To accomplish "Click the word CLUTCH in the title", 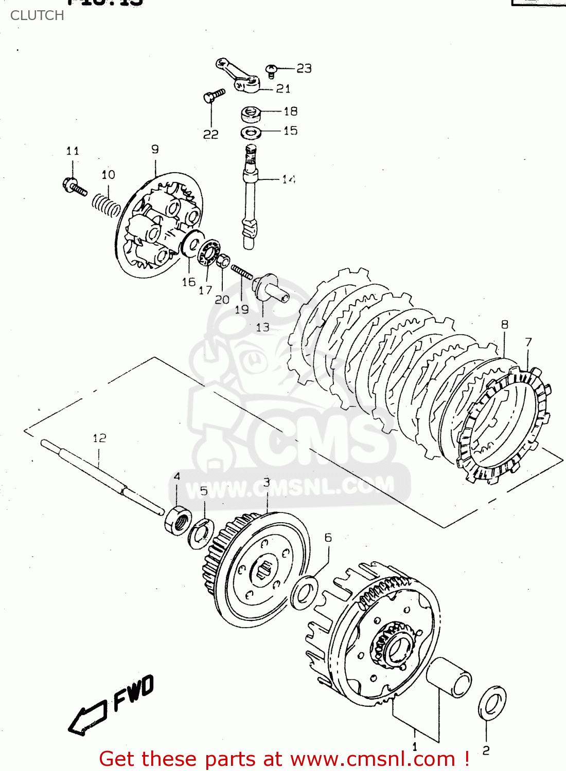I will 37,15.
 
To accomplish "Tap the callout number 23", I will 304,68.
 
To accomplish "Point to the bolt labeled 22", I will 213,96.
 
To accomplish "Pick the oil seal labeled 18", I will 250,113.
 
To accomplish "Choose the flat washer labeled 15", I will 251,133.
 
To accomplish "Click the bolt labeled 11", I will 74,187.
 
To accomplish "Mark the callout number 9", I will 155,150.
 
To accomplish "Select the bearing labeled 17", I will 209,252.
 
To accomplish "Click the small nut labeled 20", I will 223,261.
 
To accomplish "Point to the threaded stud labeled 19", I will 241,272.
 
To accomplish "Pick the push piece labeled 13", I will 269,288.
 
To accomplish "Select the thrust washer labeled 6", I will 304,593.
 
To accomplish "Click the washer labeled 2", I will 492,703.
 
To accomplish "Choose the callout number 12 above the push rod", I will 99,438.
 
